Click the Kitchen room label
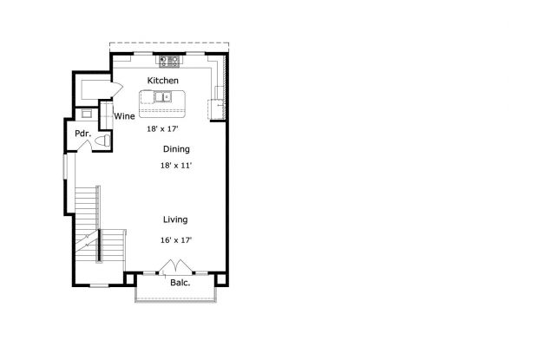coord(162,81)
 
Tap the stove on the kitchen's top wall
coord(168,62)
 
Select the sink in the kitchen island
coord(166,97)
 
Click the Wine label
coord(124,115)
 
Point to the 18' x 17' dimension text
coord(162,128)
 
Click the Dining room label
coord(176,149)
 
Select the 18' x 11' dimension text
coord(175,165)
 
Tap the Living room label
coord(175,219)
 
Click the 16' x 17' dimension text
coord(175,239)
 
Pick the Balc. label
coord(180,283)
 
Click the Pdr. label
coord(82,134)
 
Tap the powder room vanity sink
coord(86,114)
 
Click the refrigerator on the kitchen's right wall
coord(215,109)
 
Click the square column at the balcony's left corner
coord(131,278)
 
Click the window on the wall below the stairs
coord(99,285)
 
